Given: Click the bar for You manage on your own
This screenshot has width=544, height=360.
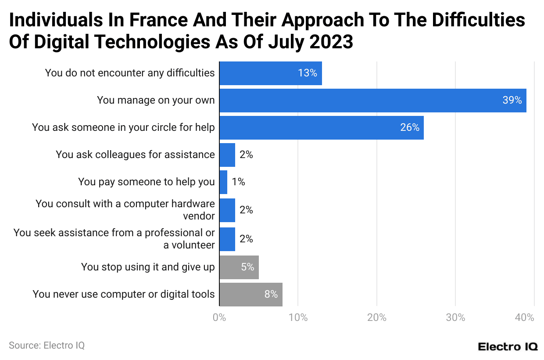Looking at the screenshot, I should pyautogui.click(x=372, y=101).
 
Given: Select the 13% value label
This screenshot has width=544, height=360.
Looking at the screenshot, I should pyautogui.click(x=307, y=73).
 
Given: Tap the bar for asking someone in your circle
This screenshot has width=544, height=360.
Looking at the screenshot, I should pyautogui.click(x=321, y=128).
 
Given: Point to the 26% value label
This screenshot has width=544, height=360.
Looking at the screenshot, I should pyautogui.click(x=409, y=128).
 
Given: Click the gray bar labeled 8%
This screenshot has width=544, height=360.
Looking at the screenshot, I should pyautogui.click(x=251, y=294).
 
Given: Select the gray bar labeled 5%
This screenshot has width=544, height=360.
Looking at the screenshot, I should pyautogui.click(x=239, y=267).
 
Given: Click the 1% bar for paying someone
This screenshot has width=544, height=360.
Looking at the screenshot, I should pyautogui.click(x=223, y=182).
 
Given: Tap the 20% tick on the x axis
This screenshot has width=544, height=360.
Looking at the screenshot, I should pyautogui.click(x=376, y=317).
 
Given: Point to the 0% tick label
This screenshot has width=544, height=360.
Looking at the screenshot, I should pyautogui.click(x=219, y=317).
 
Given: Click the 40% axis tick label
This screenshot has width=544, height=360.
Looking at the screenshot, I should pyautogui.click(x=525, y=317).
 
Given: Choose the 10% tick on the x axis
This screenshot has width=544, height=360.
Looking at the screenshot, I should pyautogui.click(x=298, y=317).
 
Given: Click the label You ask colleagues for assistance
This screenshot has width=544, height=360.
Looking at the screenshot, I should pyautogui.click(x=135, y=155).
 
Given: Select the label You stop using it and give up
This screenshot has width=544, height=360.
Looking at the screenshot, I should pyautogui.click(x=148, y=267).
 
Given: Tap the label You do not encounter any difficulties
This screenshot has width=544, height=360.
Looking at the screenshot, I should pyautogui.click(x=130, y=73).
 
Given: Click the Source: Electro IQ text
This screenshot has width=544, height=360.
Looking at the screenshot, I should pyautogui.click(x=47, y=346).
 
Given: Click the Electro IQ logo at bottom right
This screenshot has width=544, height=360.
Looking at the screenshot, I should pyautogui.click(x=508, y=346).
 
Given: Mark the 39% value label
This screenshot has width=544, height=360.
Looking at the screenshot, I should pyautogui.click(x=512, y=101).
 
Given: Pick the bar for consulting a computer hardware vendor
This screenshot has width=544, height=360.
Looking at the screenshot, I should pyautogui.click(x=227, y=210).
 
